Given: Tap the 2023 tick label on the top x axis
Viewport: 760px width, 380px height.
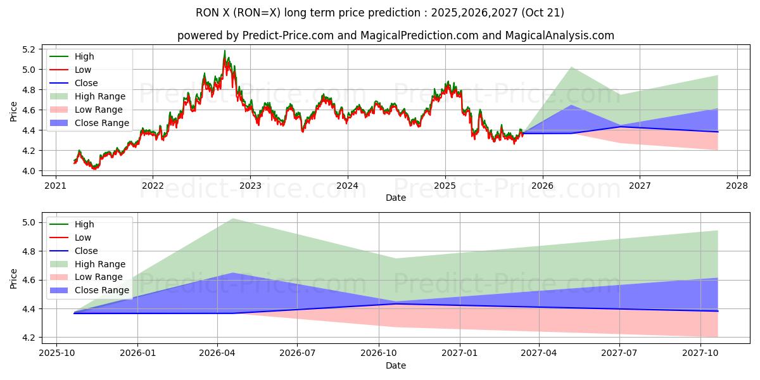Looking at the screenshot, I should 250,186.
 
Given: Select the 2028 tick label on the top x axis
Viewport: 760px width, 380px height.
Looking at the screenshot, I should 737,186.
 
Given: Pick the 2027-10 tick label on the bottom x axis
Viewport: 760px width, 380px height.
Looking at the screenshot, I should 700,353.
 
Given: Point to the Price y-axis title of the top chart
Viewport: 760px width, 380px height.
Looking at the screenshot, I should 14,111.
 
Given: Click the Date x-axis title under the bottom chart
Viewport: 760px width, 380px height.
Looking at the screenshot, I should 396,365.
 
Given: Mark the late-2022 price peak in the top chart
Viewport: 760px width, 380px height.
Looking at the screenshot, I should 224,51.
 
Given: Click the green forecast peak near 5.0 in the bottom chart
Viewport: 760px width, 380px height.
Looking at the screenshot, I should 233,219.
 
